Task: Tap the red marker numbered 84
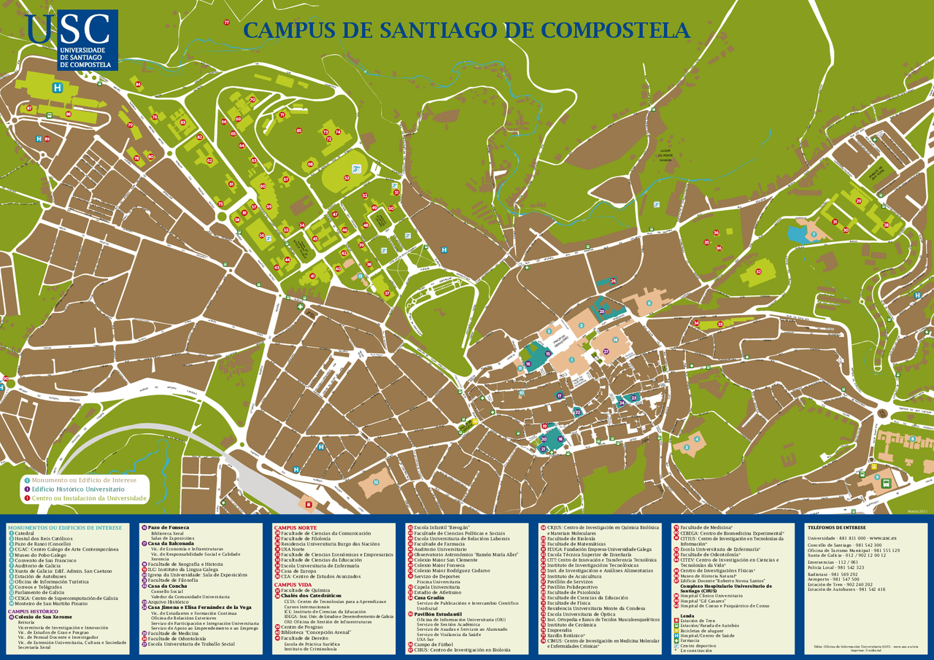click(x=138, y=85)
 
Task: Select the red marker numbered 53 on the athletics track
click(x=347, y=178)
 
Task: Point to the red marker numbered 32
click(x=758, y=272)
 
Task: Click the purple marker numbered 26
click(x=614, y=281)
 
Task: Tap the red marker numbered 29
click(x=859, y=201)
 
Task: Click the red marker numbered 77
click(x=226, y=23)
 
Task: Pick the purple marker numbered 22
click(x=577, y=413)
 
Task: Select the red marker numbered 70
click(x=252, y=100)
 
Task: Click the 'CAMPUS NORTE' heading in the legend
click(x=295, y=527)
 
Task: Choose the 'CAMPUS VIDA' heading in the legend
click(x=293, y=585)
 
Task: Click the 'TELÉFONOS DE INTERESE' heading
click(x=835, y=527)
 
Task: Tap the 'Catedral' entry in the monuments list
click(x=25, y=533)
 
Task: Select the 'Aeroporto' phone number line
click(x=833, y=579)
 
